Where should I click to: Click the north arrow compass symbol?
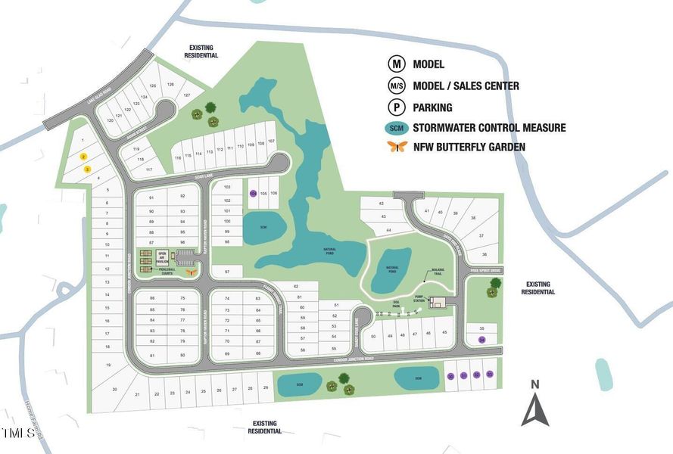click(534, 409)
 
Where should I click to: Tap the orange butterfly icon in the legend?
click(397, 147)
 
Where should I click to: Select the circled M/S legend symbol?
click(397, 86)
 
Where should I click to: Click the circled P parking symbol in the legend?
click(397, 107)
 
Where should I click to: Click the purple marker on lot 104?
click(253, 193)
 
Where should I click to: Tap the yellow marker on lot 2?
click(84, 157)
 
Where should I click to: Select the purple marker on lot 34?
click(481, 340)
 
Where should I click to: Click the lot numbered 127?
click(186, 95)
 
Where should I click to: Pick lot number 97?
click(226, 271)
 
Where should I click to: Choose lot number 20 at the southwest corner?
click(115, 389)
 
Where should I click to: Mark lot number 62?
click(296, 287)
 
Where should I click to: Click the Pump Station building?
click(437, 303)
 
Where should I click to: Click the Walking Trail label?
click(438, 271)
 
